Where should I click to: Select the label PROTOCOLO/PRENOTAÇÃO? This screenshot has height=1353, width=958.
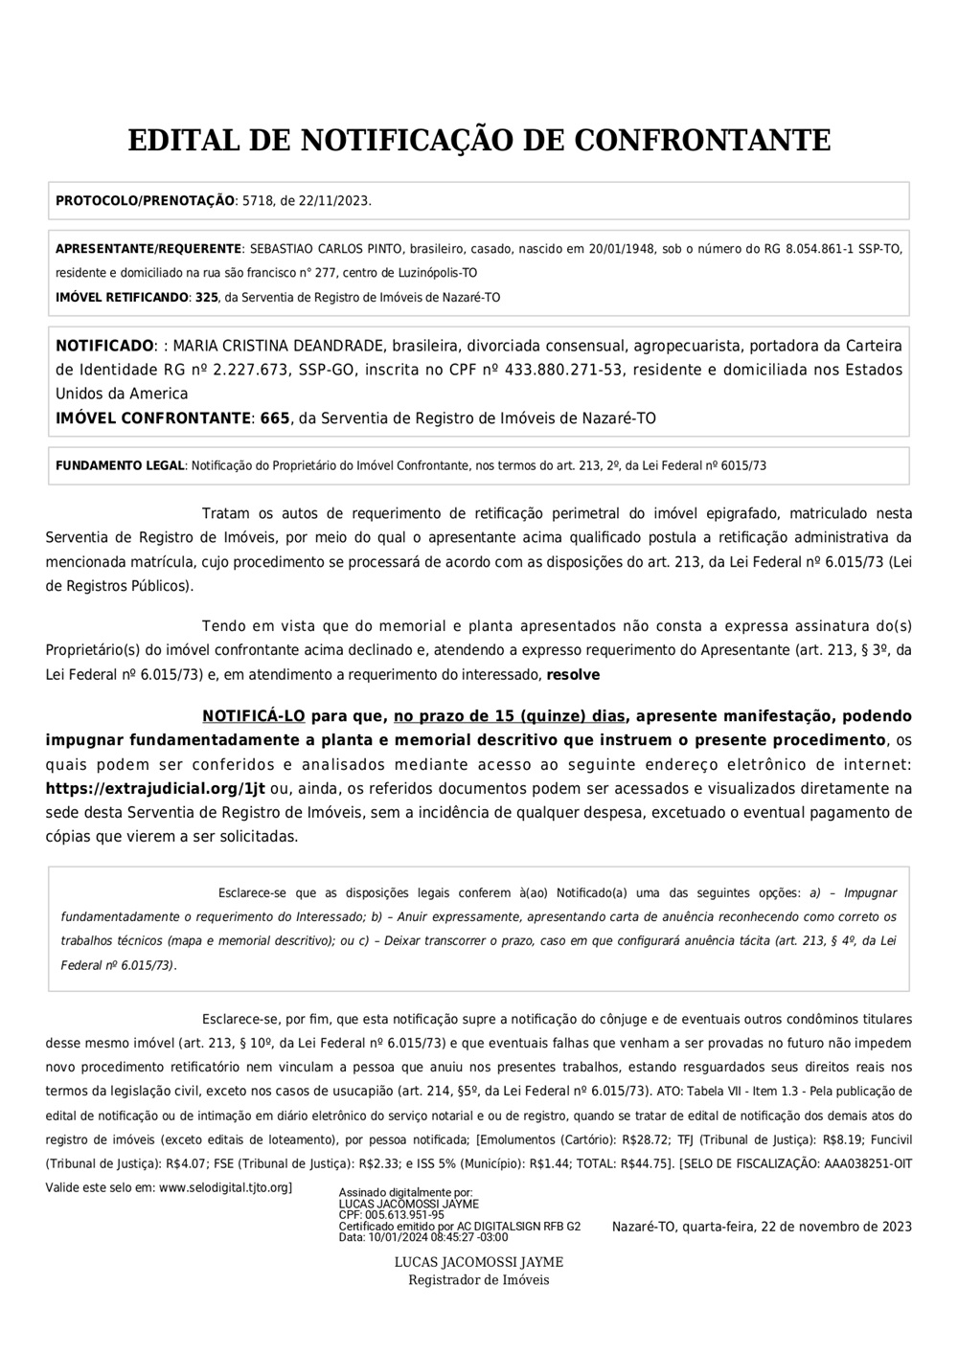coord(145,201)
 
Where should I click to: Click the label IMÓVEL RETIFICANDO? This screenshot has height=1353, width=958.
coord(122,298)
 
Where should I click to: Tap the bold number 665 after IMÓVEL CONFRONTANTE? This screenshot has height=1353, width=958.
coord(275,418)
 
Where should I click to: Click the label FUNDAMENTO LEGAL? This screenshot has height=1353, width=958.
coord(119,466)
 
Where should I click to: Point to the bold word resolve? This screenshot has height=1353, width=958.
coord(573,675)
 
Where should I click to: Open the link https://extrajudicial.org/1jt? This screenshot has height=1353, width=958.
coord(155,789)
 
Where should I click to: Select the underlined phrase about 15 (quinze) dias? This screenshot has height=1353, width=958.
coord(510,716)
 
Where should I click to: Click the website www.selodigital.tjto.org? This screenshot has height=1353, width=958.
coord(223,1187)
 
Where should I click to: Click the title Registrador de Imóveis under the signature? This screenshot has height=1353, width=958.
coord(479,1280)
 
